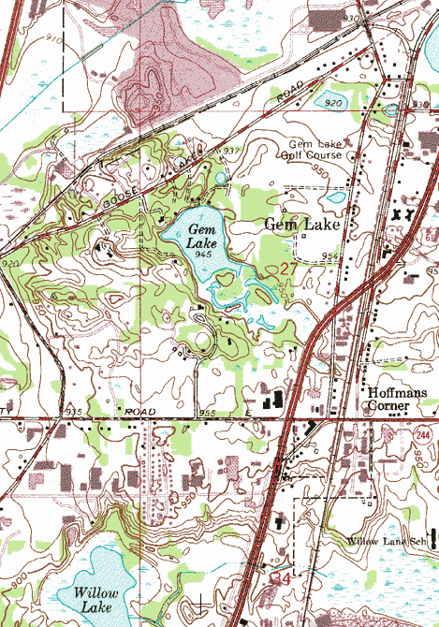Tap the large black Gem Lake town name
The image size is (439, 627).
300,224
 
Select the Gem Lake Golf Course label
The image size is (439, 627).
315,151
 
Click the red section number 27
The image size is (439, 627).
289,269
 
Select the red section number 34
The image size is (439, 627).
281,579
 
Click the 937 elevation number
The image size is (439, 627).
232,151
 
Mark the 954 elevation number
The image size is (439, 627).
329,255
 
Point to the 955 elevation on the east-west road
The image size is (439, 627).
207,413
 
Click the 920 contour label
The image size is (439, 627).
11,265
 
